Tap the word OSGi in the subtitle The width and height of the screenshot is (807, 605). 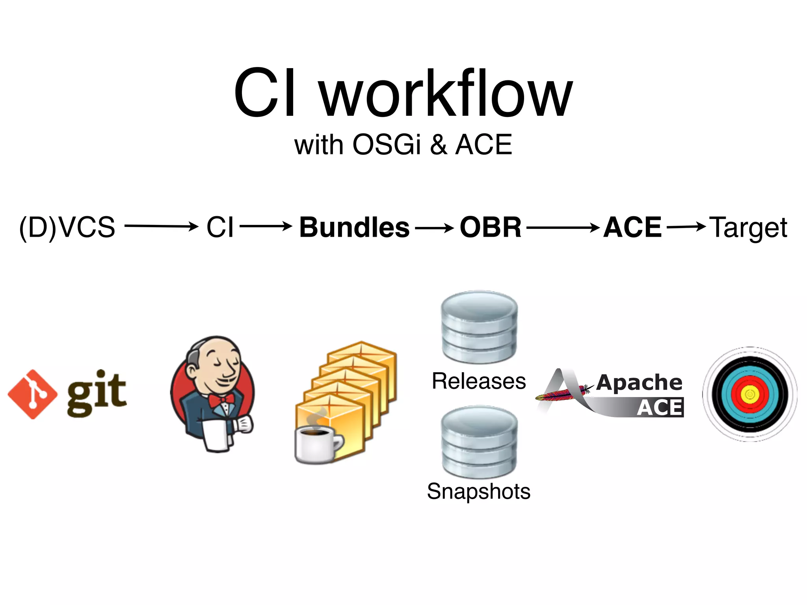point(386,145)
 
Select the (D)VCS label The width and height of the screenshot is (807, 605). point(67,227)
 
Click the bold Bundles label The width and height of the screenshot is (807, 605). point(354,227)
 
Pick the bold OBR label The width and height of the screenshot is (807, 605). point(491,227)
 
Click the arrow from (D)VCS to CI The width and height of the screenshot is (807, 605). point(161,226)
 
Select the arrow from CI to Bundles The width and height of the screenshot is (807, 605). point(266,226)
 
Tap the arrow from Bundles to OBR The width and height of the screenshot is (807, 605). point(434,228)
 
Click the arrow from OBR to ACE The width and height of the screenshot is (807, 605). point(563,227)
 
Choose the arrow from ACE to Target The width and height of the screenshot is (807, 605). point(686,226)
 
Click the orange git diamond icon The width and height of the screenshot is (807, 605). point(33,394)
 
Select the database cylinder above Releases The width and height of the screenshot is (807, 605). point(479,327)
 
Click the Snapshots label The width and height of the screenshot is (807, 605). point(479,491)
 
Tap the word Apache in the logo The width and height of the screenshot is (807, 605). point(639,382)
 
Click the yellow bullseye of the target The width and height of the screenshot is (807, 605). point(750,394)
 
